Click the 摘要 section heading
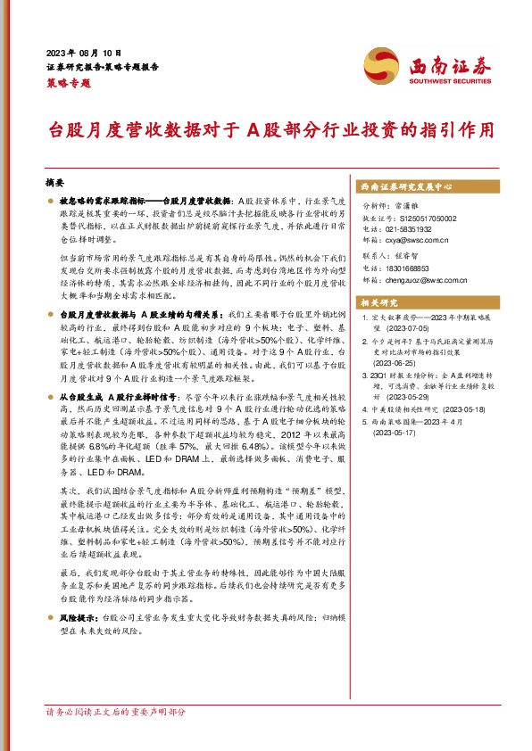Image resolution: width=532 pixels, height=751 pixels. pyautogui.click(x=55, y=180)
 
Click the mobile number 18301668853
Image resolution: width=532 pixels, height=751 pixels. pyautogui.click(x=411, y=268)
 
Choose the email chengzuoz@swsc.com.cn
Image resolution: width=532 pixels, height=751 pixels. pyautogui.click(x=427, y=279)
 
